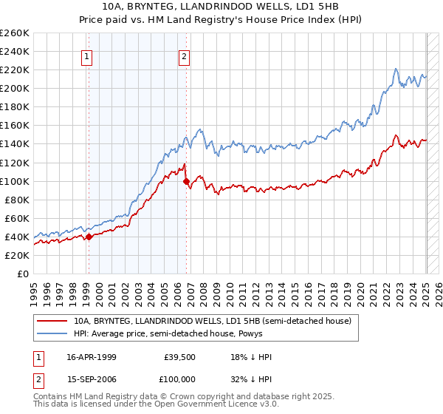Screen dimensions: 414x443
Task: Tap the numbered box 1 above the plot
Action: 87,55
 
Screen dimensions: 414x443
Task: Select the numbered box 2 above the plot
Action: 184,55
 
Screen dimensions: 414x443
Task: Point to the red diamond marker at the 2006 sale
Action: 186,180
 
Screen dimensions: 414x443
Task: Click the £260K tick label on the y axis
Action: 15,33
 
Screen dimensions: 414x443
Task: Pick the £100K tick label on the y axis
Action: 15,181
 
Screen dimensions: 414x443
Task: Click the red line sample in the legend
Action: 52,320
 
